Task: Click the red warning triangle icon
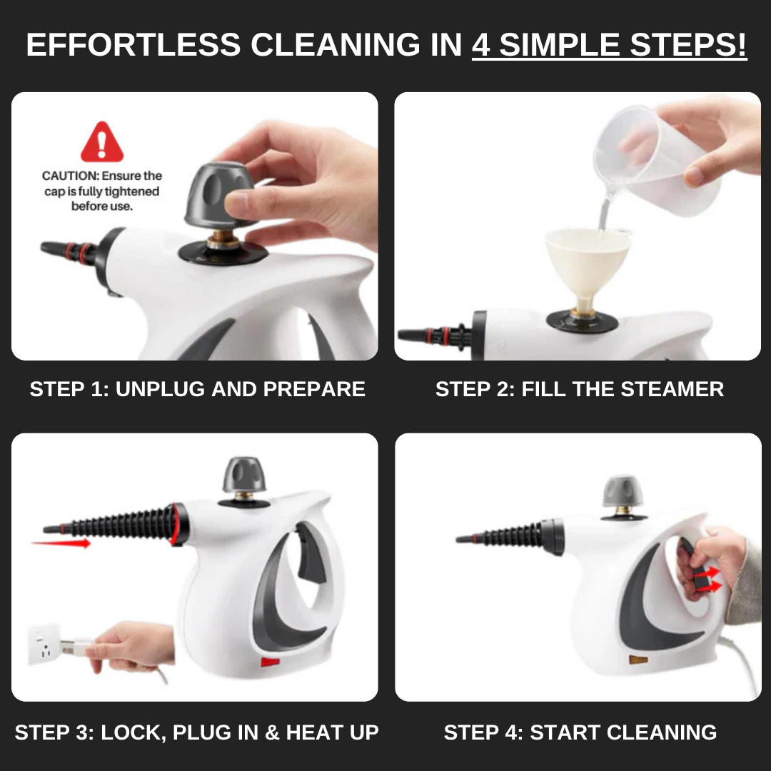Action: (x=102, y=142)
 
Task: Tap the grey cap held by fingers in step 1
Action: (x=219, y=195)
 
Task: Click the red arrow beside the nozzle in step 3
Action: (x=61, y=543)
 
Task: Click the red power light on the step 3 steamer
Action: (x=270, y=662)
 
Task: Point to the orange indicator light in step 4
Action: (x=638, y=660)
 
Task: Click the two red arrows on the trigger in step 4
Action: (x=708, y=579)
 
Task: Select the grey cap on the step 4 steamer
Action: (x=623, y=491)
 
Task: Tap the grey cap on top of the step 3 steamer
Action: (x=244, y=475)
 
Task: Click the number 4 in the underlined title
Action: (x=481, y=45)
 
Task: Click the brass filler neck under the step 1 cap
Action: (x=222, y=242)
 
